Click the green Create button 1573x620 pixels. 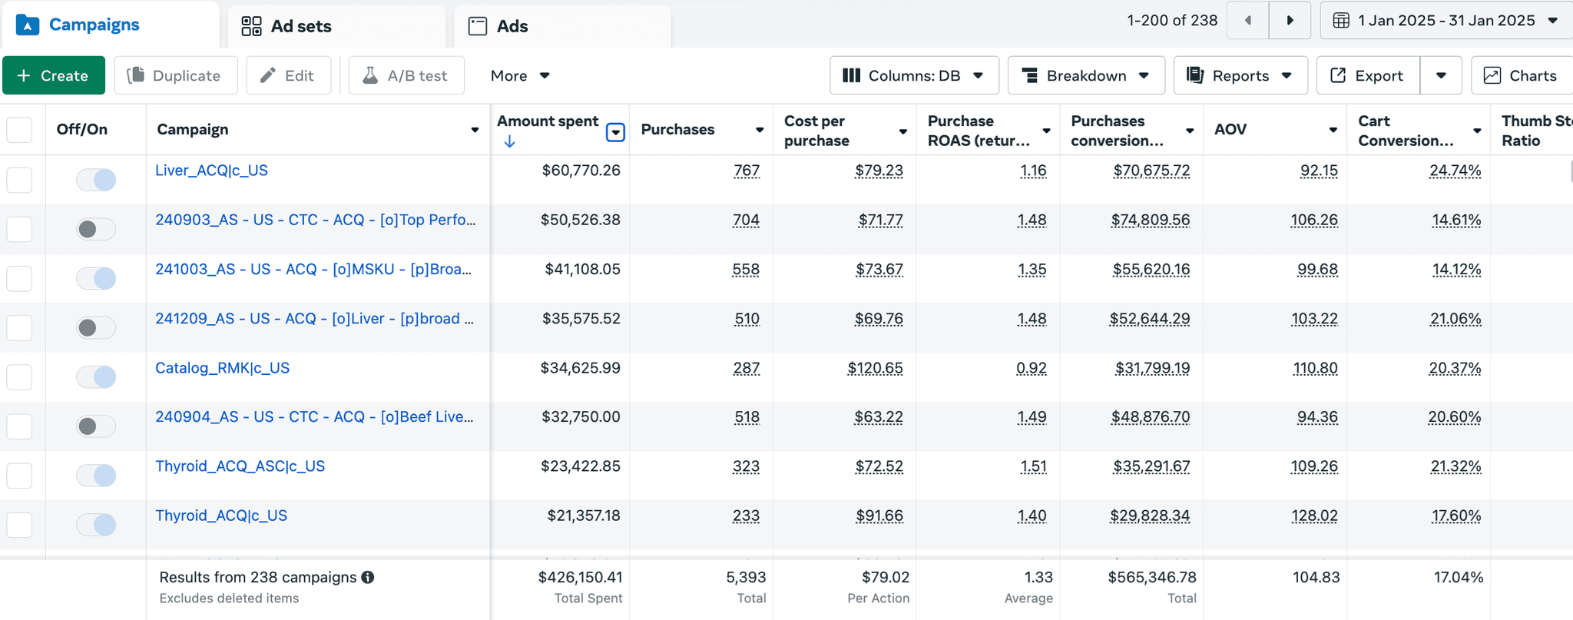(54, 75)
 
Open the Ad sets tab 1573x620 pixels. (286, 26)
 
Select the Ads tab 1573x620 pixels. (498, 26)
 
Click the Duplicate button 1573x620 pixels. (176, 75)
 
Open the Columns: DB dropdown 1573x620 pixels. (914, 75)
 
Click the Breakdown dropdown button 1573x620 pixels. (1086, 75)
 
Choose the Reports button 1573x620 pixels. (1240, 75)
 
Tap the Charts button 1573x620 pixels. (1522, 75)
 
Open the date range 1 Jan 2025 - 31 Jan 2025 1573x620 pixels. (1446, 21)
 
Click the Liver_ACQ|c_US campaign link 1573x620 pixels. (211, 171)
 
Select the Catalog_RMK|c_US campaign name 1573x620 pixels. (222, 368)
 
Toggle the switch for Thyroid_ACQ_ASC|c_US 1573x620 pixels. (96, 476)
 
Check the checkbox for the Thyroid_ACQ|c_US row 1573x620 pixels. (19, 525)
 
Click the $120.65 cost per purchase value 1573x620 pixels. (875, 369)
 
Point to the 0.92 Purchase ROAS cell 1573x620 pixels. (1031, 369)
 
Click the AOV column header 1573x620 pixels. (1230, 130)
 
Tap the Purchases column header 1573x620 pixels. (677, 130)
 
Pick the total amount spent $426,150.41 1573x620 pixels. (580, 577)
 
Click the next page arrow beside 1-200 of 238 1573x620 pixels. (1290, 21)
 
